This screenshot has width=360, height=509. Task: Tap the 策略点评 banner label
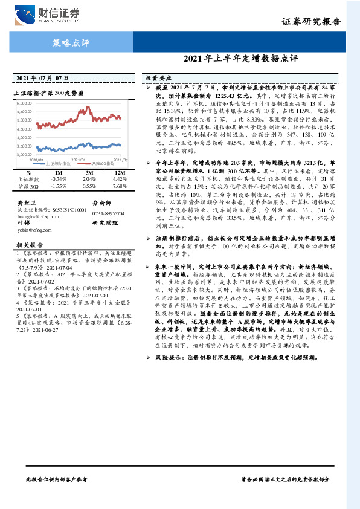click(67, 43)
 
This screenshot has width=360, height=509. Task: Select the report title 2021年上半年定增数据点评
click(240, 59)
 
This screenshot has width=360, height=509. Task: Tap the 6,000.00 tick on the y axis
click(23, 104)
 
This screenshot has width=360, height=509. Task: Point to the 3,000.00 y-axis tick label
click(23, 155)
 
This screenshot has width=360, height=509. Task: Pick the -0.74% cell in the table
click(59, 180)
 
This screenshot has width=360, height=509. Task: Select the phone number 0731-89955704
click(108, 213)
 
